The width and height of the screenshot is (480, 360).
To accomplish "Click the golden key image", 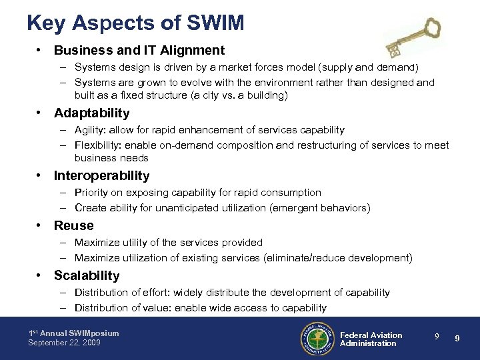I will tap(413, 39).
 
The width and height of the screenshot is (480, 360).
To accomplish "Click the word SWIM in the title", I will tap(217, 23).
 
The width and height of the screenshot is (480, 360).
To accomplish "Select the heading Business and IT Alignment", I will tap(139, 50).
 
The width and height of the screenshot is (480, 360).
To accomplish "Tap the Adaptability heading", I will tap(91, 113).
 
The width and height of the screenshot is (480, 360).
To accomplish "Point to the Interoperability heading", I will tap(101, 176).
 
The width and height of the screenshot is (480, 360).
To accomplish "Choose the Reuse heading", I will tap(73, 226).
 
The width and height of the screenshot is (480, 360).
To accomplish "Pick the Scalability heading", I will tap(86, 276).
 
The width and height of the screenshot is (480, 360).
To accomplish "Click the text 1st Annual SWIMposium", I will tap(73, 333).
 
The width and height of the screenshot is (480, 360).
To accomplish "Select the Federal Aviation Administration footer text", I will tap(371, 339).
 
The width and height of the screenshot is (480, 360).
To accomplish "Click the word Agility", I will tap(88, 130).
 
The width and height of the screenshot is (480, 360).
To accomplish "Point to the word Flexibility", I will tap(95, 145).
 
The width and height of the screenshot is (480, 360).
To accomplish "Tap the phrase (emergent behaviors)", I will tap(319, 208).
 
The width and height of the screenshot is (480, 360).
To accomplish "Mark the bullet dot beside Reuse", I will tap(41, 226).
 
